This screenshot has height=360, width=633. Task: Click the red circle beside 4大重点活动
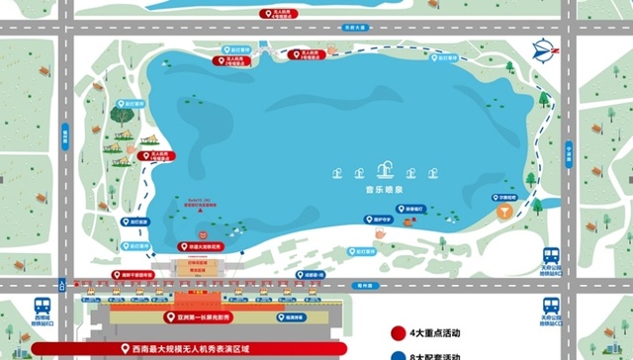398,333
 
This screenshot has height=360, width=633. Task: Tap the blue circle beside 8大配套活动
398,355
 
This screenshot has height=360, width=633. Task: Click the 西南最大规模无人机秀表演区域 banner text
198,348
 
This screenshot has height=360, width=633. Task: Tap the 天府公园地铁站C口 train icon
551,305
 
